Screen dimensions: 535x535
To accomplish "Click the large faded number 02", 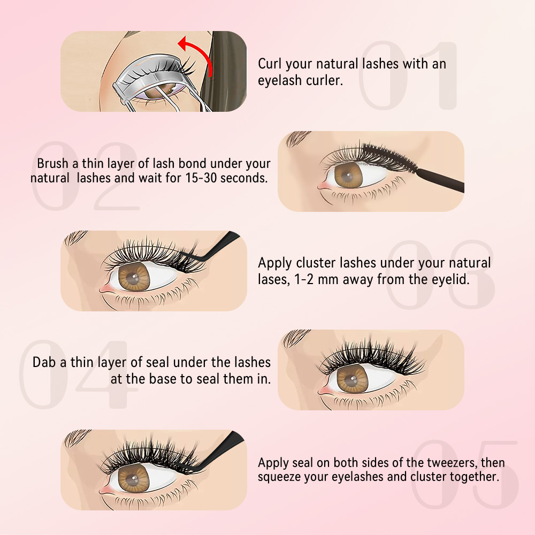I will click(x=86, y=177).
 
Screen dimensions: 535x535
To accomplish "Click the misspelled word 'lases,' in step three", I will click(x=274, y=279).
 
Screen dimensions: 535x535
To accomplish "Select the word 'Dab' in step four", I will click(x=44, y=362).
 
